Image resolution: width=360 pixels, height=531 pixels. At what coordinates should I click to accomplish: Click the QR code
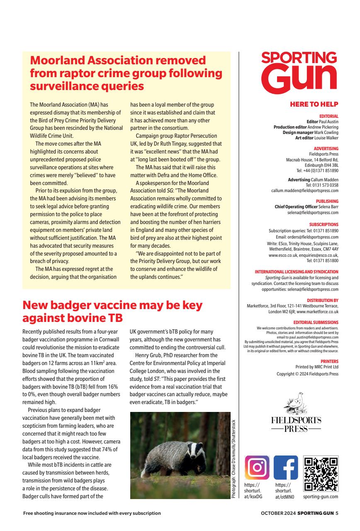tap(321, 474)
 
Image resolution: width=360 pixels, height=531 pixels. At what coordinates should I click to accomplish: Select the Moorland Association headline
tap(126, 73)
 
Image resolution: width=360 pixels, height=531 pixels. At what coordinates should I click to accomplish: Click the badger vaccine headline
tap(112, 312)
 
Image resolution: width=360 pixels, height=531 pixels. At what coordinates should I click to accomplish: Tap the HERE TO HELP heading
tap(314, 104)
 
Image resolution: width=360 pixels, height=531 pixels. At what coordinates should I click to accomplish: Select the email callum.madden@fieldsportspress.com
tap(302, 191)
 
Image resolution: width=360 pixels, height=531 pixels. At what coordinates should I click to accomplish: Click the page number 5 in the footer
tap(337, 513)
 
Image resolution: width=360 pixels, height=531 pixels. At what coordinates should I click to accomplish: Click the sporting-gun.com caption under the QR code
tap(321, 497)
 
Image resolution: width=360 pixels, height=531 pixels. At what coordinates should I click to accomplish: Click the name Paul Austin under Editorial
tap(329, 122)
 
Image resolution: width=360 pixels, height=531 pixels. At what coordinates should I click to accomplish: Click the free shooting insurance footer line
tap(92, 513)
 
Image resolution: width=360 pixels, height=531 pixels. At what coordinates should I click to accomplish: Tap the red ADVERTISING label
tap(326, 149)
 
